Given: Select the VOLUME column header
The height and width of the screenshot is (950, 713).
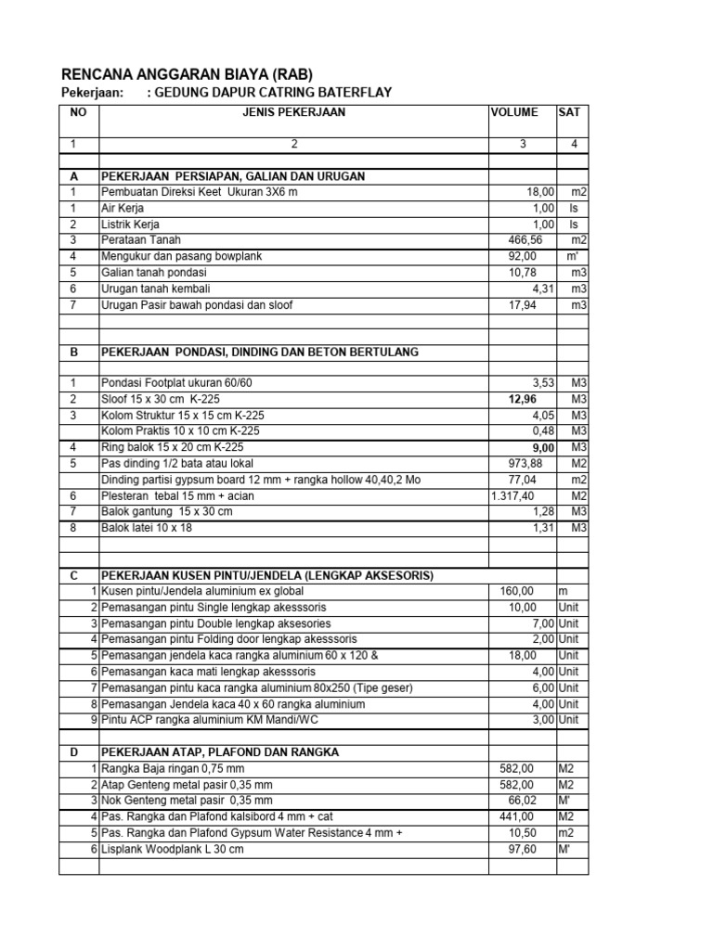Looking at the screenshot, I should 513,112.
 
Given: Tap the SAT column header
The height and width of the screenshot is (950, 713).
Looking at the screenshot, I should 568,112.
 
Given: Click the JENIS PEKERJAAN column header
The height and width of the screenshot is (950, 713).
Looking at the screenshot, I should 293,112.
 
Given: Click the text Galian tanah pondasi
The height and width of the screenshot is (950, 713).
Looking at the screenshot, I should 154,272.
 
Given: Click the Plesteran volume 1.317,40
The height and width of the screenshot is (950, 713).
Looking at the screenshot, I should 514,495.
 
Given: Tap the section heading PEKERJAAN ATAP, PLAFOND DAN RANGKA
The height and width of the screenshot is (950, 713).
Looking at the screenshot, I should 220,751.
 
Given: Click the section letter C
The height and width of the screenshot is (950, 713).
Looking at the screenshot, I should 73,575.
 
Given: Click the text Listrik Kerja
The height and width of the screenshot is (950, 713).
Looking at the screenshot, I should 130,225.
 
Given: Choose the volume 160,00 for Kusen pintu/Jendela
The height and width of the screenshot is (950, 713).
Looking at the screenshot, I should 517,591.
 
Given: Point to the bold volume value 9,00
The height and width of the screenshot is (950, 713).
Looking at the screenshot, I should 542,446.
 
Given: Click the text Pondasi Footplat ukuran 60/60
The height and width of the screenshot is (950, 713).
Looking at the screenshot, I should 176,382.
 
